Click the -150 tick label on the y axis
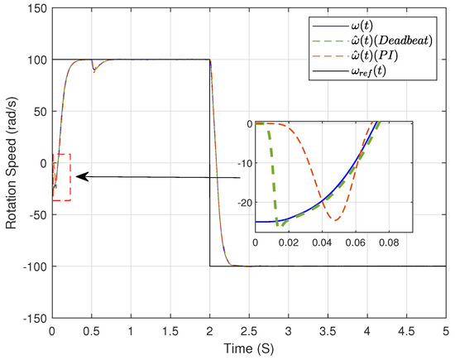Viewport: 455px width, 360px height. pyautogui.click(x=33, y=318)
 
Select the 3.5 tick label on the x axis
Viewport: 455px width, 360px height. pyautogui.click(x=328, y=329)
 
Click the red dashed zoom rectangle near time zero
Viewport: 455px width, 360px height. pyautogui.click(x=61, y=177)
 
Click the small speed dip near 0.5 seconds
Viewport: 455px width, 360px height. pyautogui.click(x=93, y=70)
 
